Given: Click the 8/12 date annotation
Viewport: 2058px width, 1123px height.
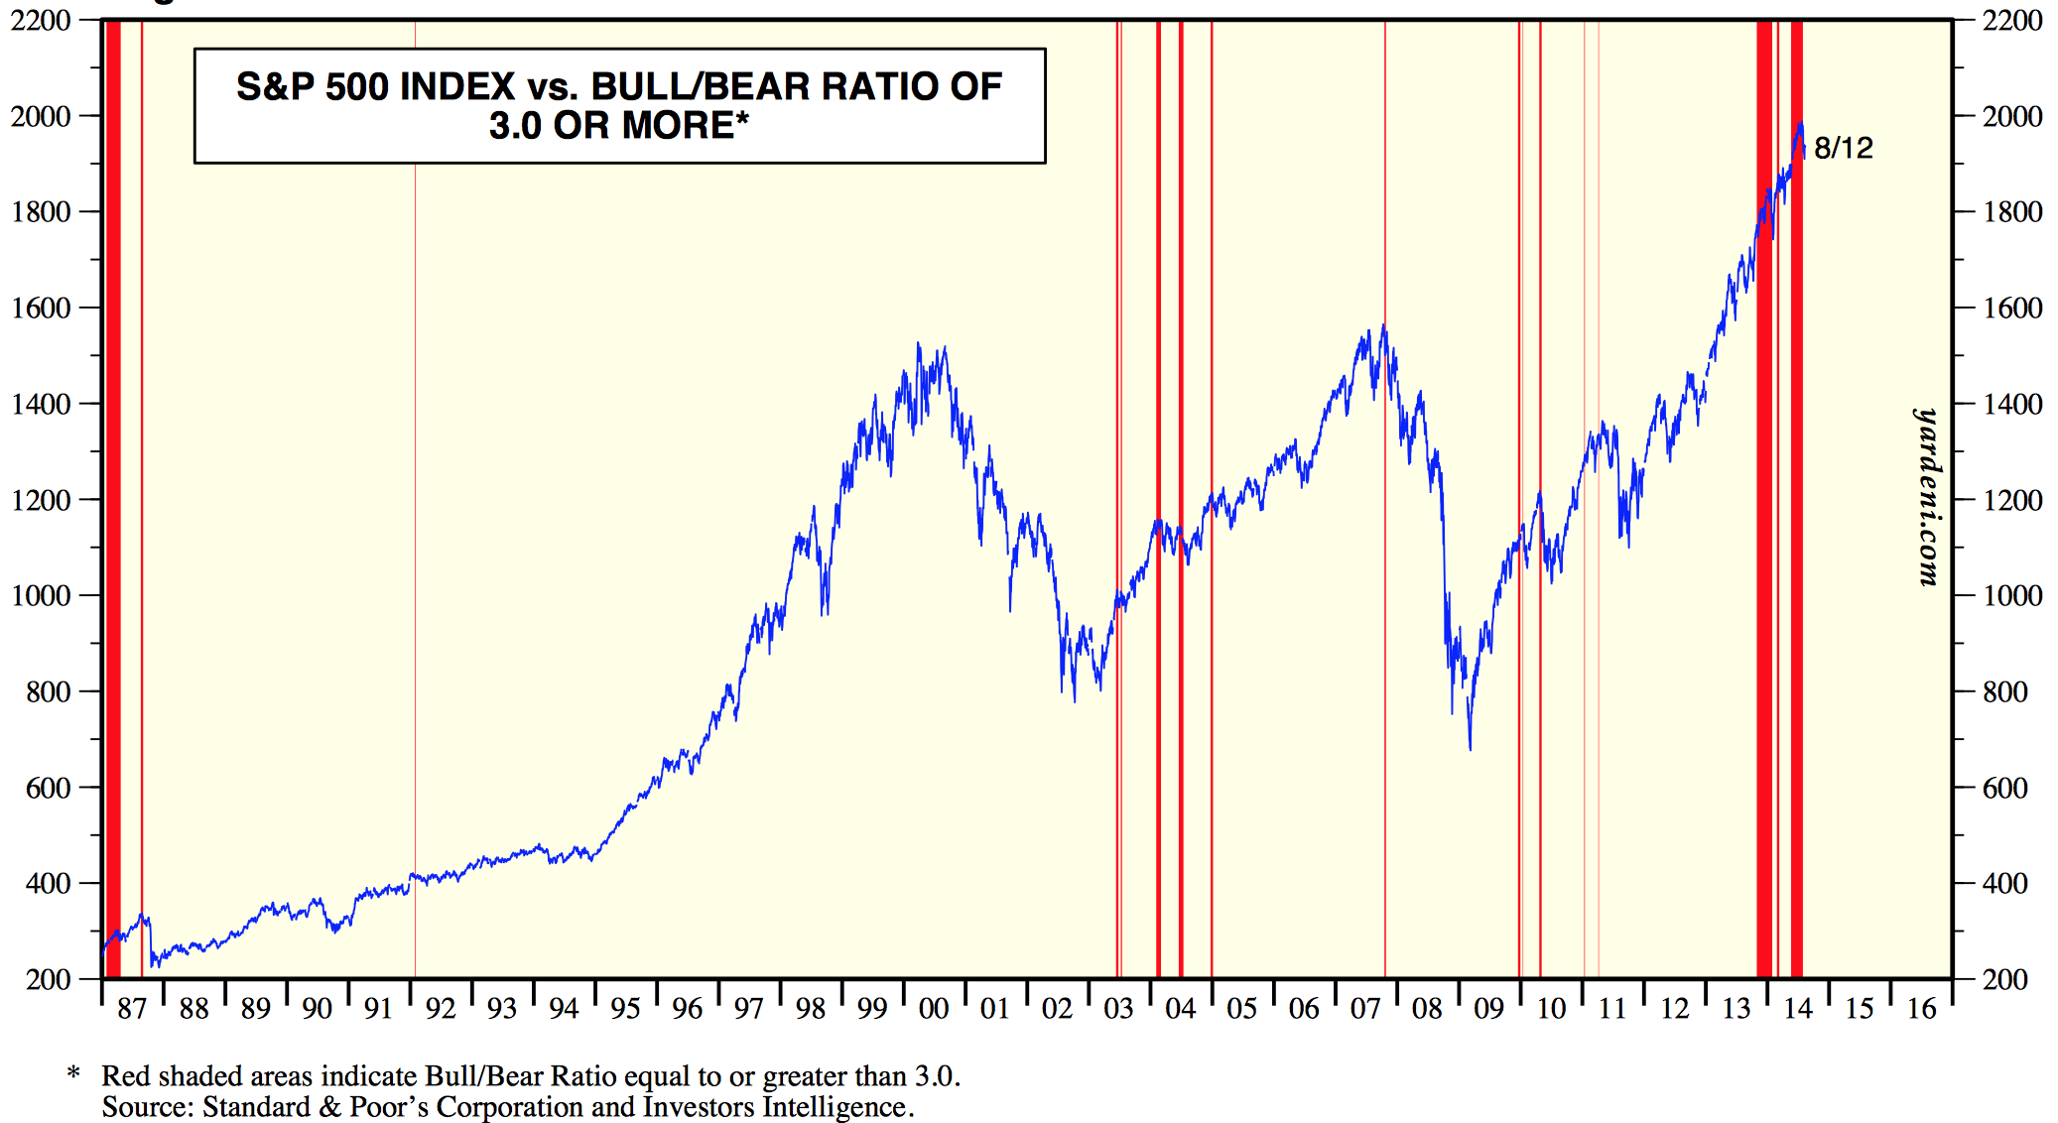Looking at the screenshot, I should pos(1843,148).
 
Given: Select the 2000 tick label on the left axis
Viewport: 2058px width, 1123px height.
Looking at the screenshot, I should pos(41,116).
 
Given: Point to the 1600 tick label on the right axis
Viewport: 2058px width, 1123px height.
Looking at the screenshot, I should pos(2012,308).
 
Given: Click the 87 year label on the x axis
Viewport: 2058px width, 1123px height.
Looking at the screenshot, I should pos(132,1009).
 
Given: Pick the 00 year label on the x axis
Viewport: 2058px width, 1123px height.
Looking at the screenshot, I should pos(934,1009).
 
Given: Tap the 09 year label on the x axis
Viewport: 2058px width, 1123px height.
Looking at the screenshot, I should pos(1488,1009).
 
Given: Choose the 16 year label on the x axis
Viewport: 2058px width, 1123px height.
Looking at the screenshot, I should pos(1922,1009).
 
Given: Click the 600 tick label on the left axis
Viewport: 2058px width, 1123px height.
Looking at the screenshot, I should pos(49,788).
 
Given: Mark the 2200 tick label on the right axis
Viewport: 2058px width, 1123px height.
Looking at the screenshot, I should pos(2012,20).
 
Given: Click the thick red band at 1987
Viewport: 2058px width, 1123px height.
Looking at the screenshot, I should pos(113,496).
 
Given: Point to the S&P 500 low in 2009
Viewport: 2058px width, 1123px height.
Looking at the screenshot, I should pos(1470,748).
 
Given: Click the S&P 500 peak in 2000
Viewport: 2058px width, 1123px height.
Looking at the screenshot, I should pos(919,344).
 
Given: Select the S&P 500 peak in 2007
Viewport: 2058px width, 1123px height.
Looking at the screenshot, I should pos(1383,325).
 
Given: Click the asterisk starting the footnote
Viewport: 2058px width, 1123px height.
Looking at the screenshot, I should pos(73,1074).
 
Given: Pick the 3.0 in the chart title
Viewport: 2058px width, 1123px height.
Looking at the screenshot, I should pos(514,126).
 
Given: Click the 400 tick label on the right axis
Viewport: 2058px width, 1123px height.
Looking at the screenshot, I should pos(2004,883).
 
